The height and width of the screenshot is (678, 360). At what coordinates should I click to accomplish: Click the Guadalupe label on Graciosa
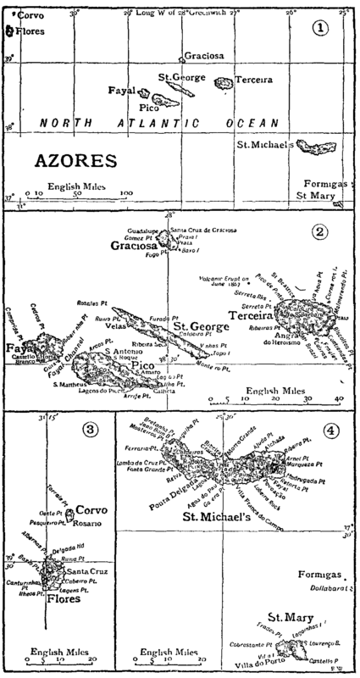click(143, 231)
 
